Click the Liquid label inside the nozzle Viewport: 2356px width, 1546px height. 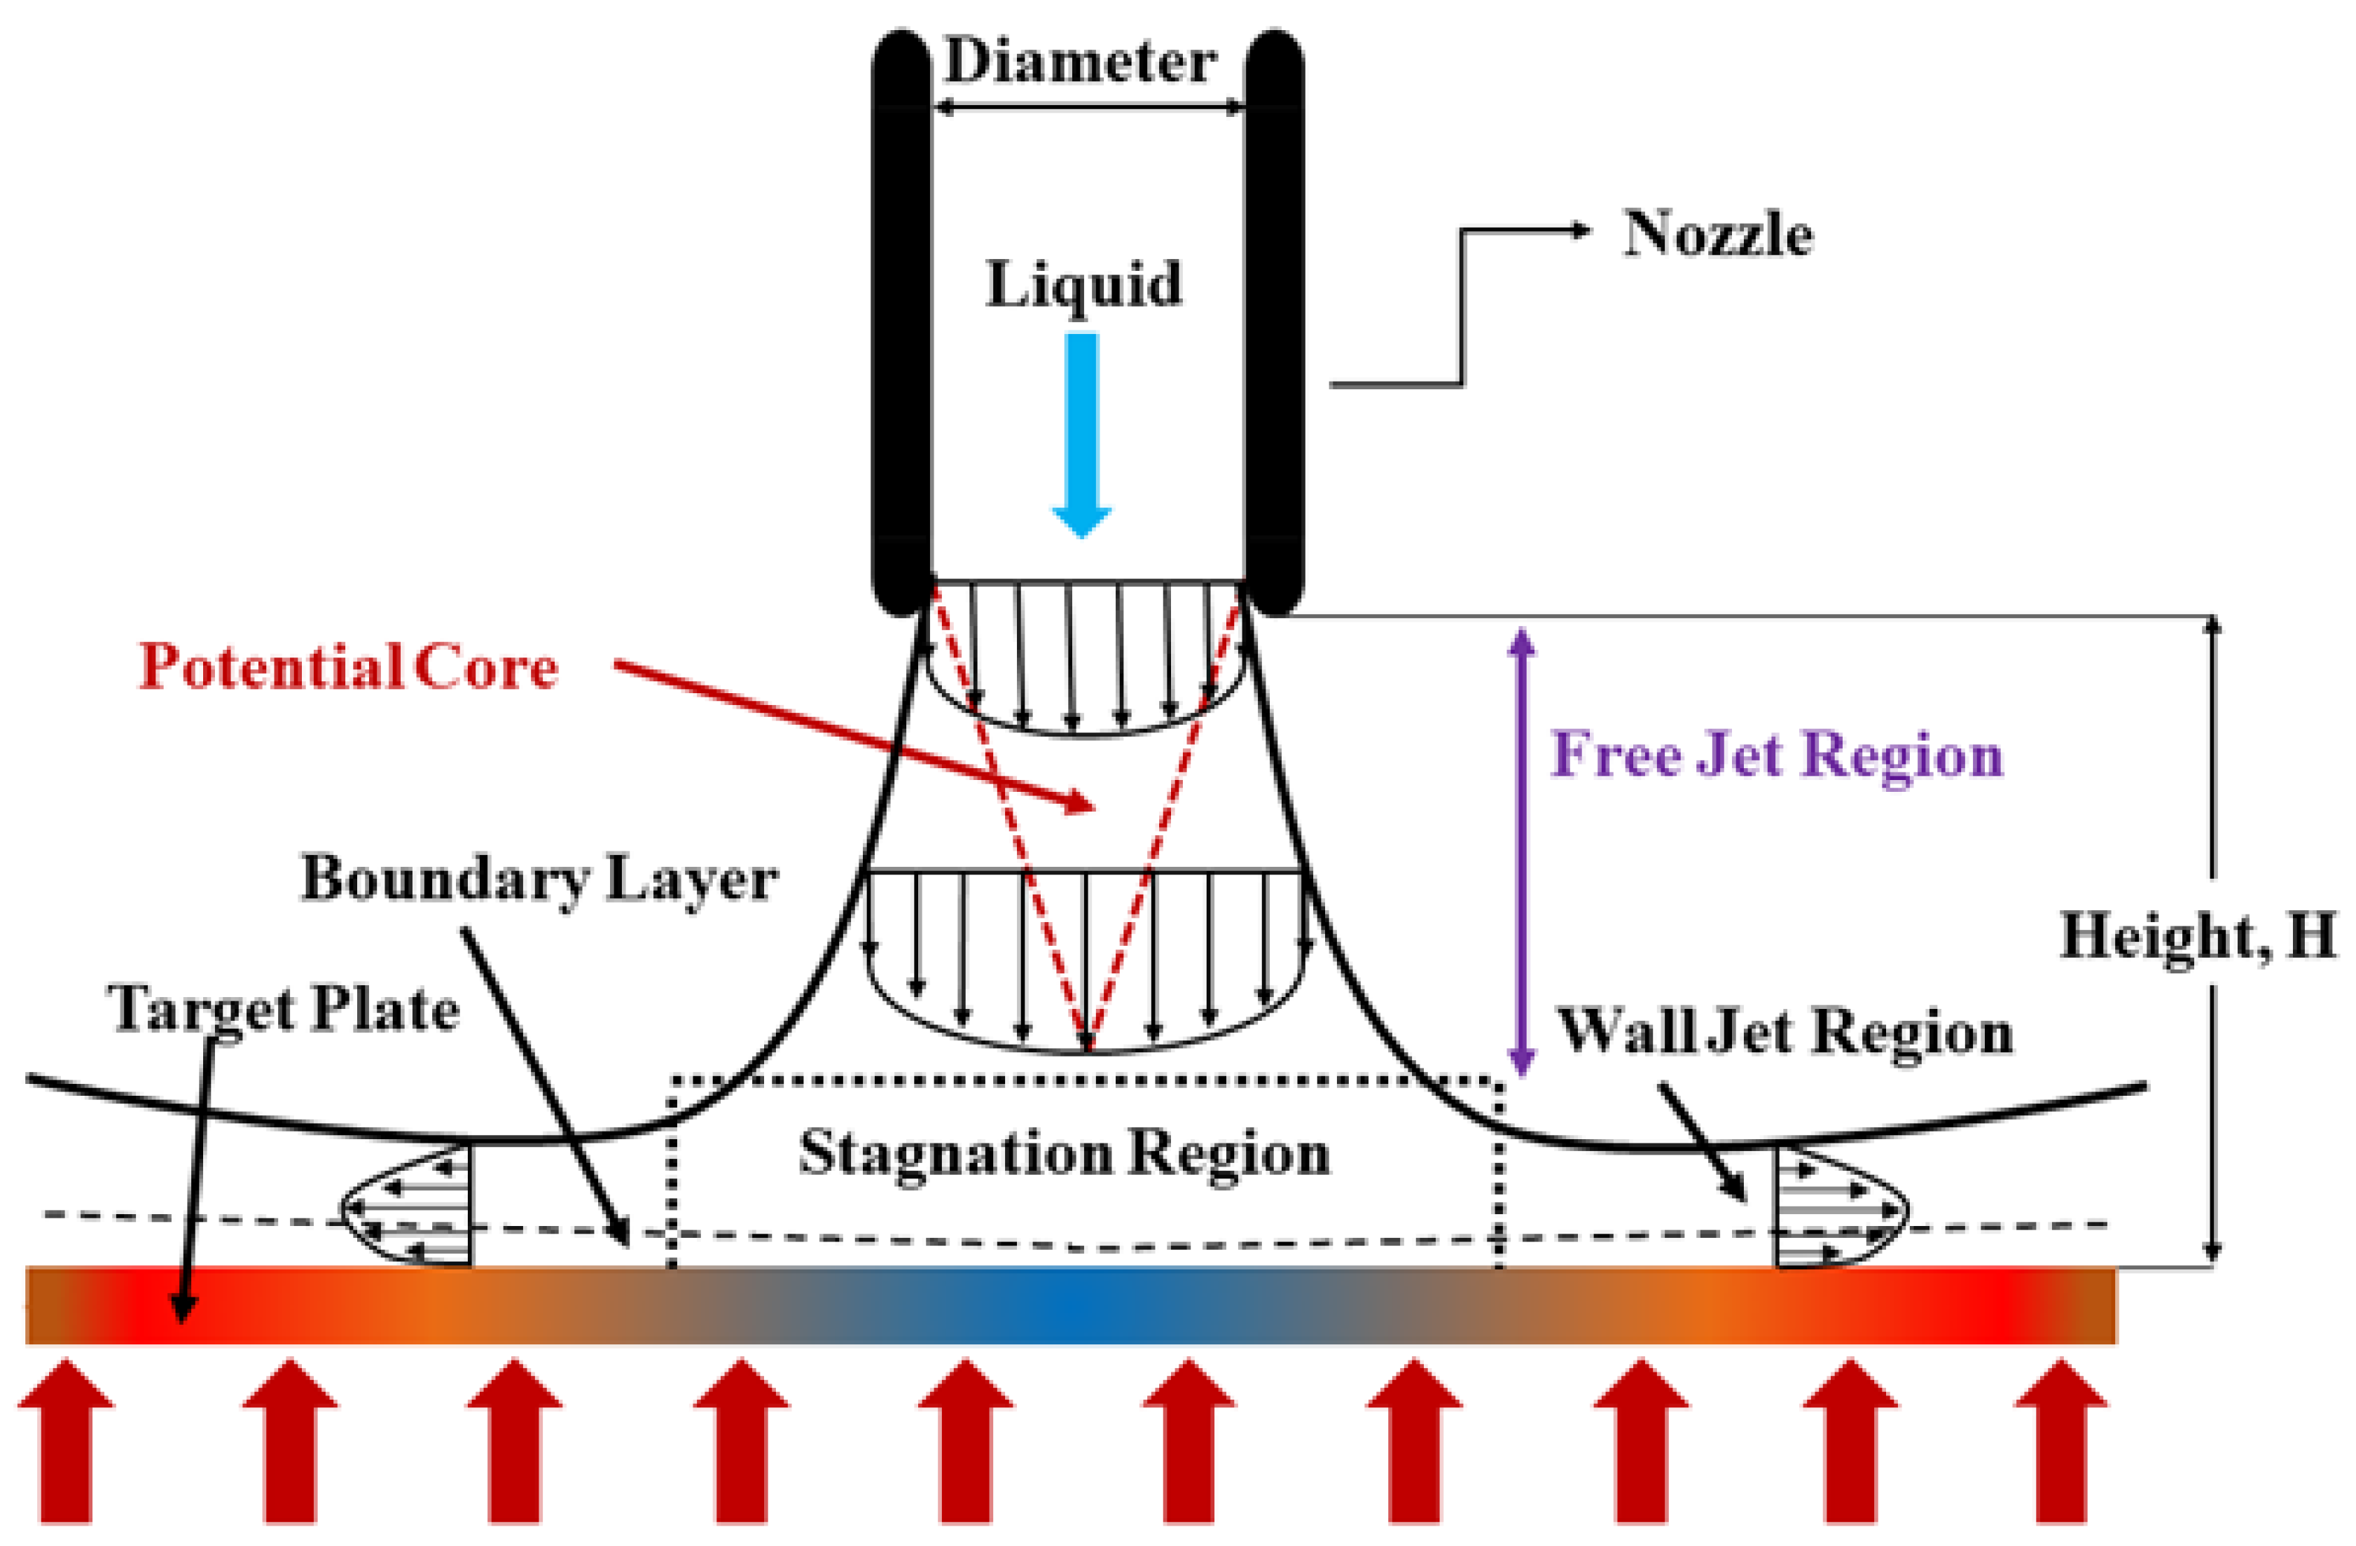click(x=1084, y=285)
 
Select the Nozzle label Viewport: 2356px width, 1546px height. click(x=1717, y=235)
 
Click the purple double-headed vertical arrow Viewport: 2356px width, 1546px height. click(x=1521, y=851)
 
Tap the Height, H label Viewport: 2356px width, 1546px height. click(x=2198, y=935)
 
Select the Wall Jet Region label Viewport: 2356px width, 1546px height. click(x=1785, y=1031)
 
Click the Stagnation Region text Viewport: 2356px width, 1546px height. click(x=1064, y=1153)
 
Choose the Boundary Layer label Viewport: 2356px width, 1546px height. click(x=539, y=879)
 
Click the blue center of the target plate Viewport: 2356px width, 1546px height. click(x=1069, y=1304)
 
